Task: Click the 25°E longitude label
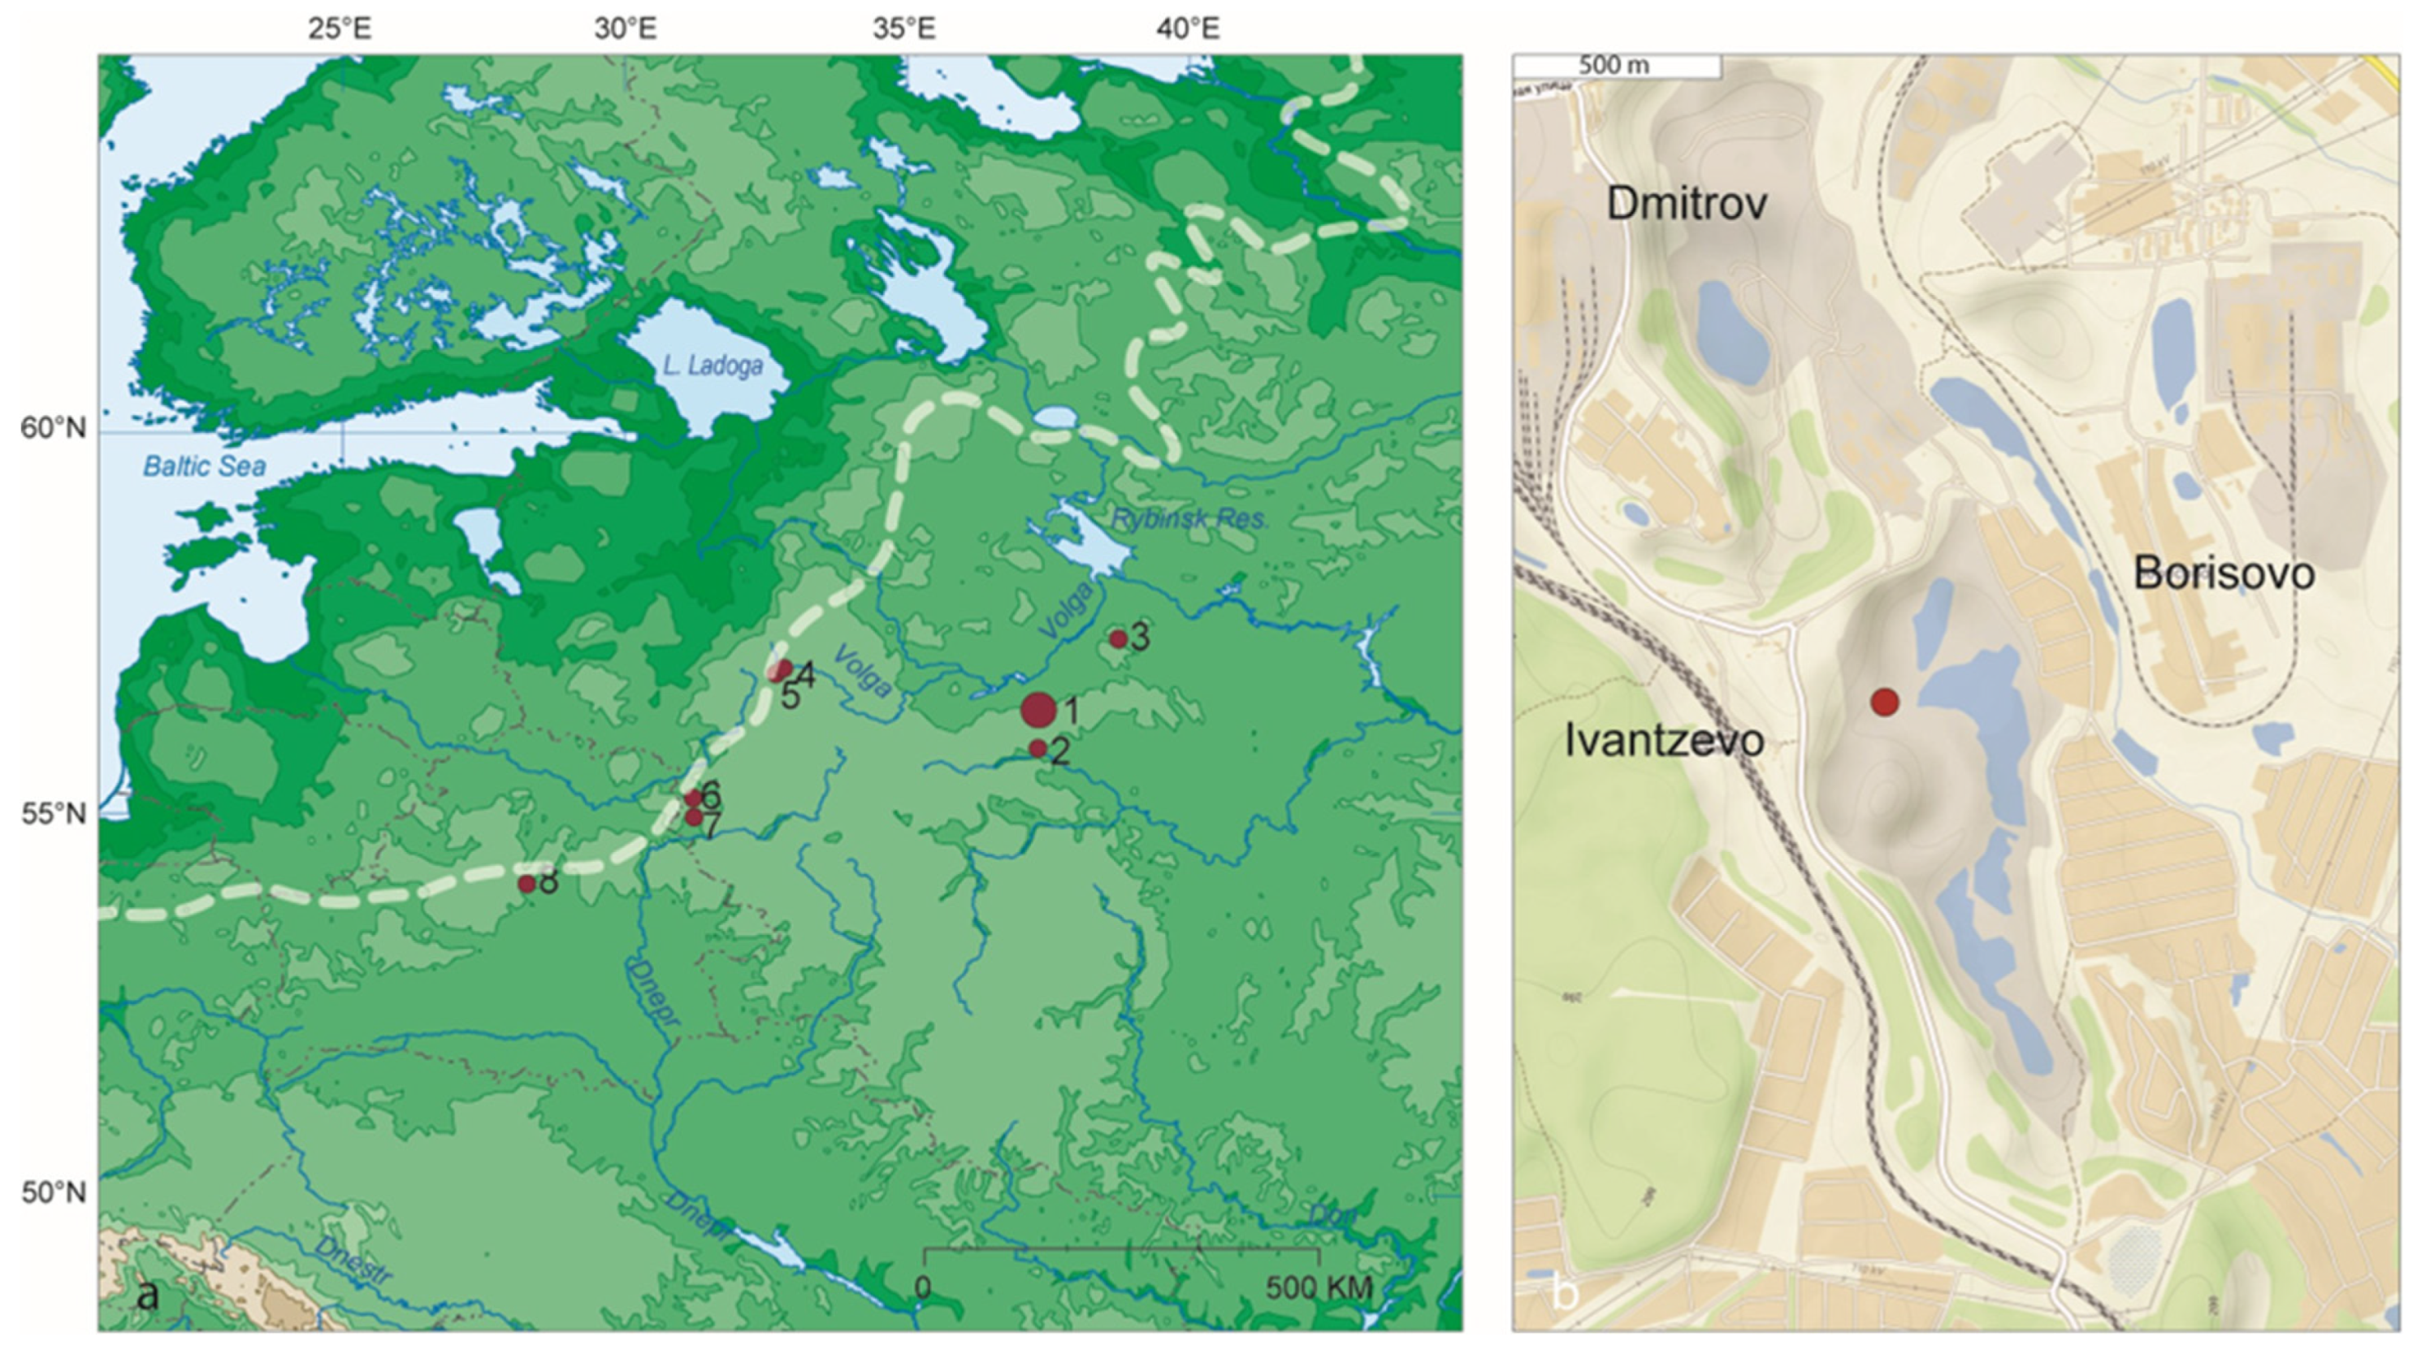coord(340,29)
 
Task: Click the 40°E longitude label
coord(1188,29)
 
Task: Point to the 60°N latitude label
coord(53,429)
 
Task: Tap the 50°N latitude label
coord(53,1192)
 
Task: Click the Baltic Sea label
coord(205,465)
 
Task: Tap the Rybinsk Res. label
coord(1188,518)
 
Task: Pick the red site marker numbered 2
coord(1037,748)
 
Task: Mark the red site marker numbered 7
coord(693,817)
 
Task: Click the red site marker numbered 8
coord(527,883)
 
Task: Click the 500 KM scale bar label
coord(1319,1288)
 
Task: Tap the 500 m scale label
coord(1613,66)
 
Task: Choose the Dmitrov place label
coord(1687,204)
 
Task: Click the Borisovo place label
coord(2224,573)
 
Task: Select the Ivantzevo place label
coord(1665,740)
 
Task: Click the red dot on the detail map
coord(1885,702)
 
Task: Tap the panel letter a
coord(147,1296)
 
